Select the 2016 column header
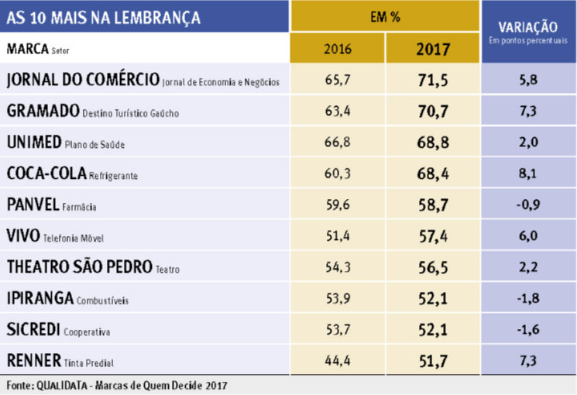tap(337, 49)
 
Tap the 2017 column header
tap(433, 49)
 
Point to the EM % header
tap(385, 17)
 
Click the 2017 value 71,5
tap(433, 80)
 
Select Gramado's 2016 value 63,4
tap(337, 112)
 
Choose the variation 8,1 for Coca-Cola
tap(529, 174)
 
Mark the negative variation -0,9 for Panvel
tap(529, 205)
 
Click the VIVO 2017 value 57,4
tap(433, 236)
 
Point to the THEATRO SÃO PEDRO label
tap(79, 267)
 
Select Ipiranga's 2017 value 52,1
tap(433, 299)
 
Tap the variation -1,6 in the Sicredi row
tap(529, 330)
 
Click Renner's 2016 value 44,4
tap(337, 361)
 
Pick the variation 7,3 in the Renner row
tap(529, 361)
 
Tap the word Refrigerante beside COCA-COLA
tap(114, 176)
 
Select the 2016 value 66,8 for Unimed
tap(337, 143)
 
